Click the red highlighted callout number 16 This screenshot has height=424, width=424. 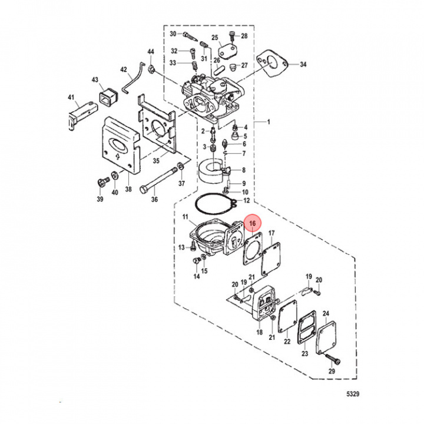coord(252,223)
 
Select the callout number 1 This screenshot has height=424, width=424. coord(269,122)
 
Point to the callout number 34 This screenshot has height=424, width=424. coord(303,64)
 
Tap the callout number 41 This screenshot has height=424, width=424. coord(71,97)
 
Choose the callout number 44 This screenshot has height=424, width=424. coord(151,52)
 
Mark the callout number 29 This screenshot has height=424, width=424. coord(332,372)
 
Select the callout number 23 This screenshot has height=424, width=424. coord(304,353)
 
